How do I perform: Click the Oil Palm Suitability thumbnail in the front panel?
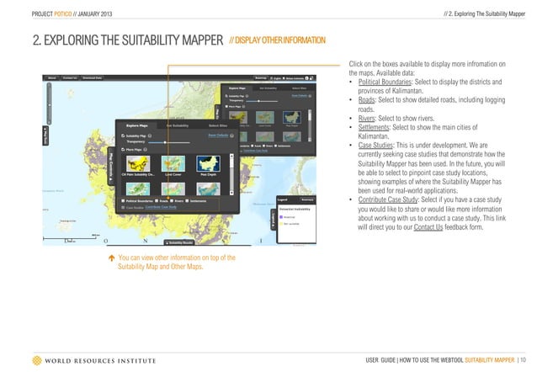136,164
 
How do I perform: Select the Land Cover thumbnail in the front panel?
173,164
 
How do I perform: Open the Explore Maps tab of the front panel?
136,125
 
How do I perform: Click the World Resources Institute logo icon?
35,360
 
